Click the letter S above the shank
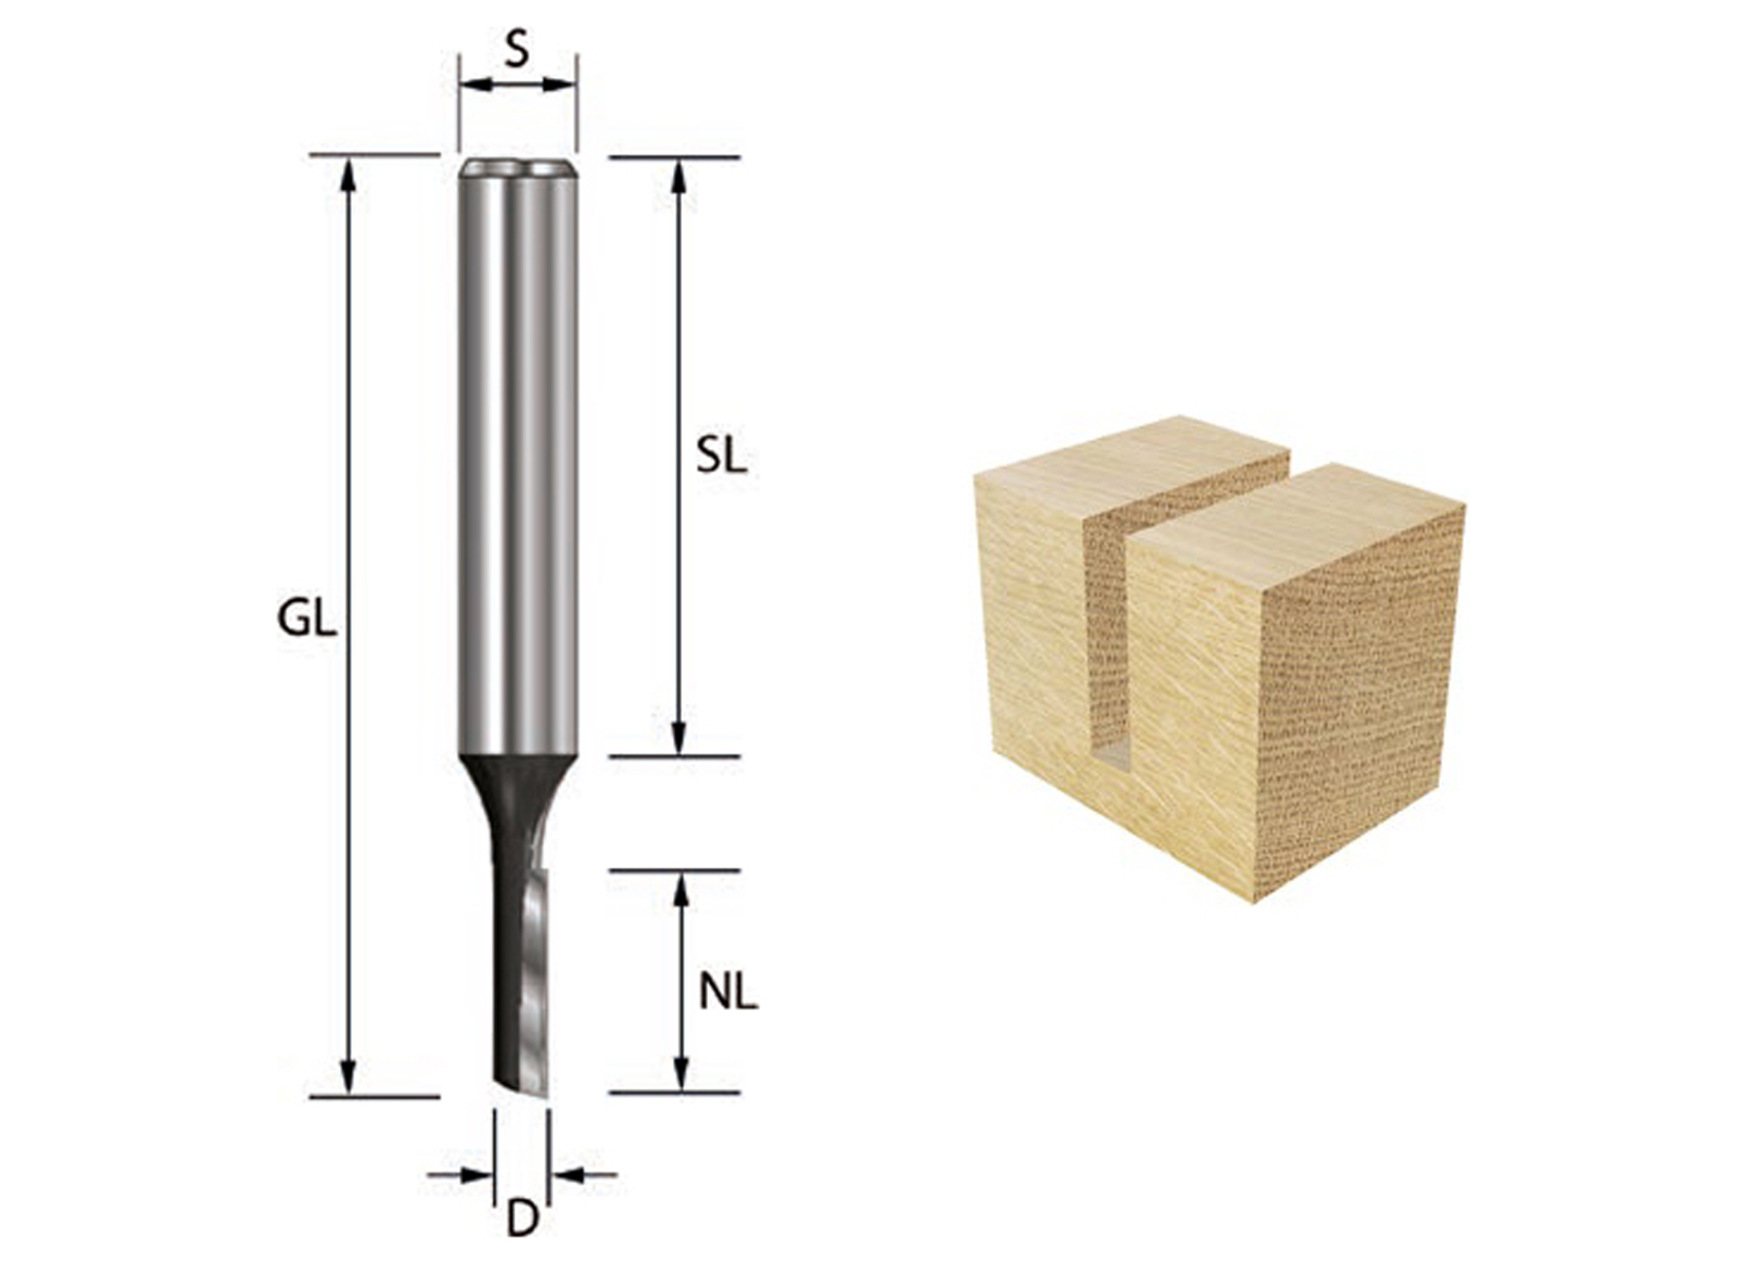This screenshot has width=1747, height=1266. click(517, 50)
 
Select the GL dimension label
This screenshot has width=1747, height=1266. click(307, 619)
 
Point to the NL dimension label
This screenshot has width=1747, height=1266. click(727, 993)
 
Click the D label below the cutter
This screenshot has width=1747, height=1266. click(522, 1219)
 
